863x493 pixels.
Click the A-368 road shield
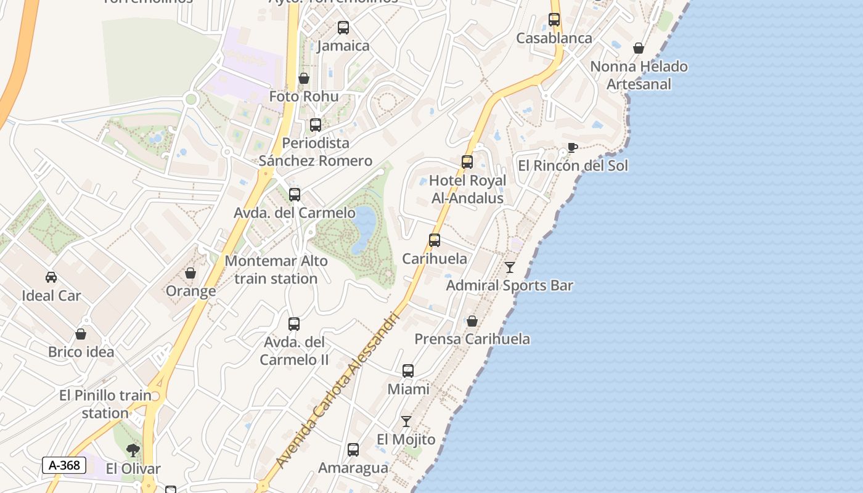point(64,465)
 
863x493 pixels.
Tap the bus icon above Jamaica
point(343,28)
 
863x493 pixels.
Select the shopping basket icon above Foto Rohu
point(304,78)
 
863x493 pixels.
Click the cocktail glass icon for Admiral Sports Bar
point(510,267)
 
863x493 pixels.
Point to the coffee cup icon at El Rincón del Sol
point(572,148)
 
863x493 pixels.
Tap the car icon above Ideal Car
point(51,277)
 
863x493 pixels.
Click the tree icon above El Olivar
point(133,450)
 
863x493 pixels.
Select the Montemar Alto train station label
point(276,270)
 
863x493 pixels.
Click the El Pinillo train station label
point(105,404)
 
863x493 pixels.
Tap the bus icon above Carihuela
point(435,240)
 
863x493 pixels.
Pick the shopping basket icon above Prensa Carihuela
point(472,321)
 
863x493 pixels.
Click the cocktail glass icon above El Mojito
point(406,422)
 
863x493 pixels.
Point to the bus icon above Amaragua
point(353,450)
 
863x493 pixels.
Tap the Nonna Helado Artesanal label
point(639,75)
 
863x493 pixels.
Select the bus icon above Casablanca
point(554,20)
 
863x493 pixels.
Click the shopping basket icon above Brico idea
point(81,334)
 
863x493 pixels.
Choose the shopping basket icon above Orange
point(190,273)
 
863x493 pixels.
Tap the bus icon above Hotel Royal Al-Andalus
point(467,162)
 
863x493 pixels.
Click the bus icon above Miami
point(408,371)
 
